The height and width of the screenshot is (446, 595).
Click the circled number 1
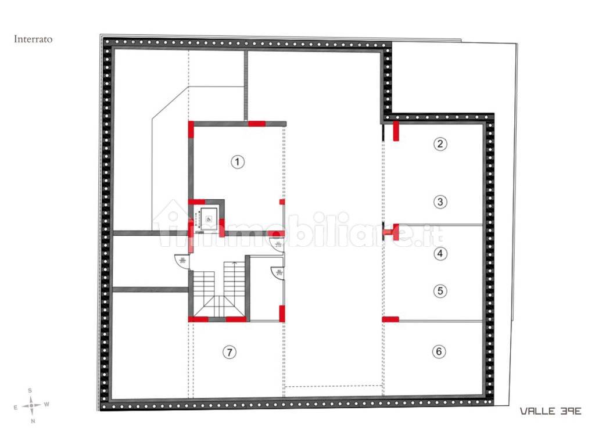click(236, 162)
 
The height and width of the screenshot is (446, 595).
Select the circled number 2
click(441, 145)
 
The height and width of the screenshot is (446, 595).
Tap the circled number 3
click(441, 202)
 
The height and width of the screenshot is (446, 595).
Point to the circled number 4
click(441, 253)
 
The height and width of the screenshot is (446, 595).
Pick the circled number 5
click(441, 291)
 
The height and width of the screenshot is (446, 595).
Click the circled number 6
click(439, 351)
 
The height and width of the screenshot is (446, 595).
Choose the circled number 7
click(230, 351)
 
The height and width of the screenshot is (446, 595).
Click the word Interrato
click(33, 39)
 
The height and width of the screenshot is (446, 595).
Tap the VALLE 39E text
click(550, 411)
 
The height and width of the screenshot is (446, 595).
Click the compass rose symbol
click(31, 405)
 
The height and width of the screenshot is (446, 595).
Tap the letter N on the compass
click(32, 420)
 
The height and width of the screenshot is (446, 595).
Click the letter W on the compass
click(47, 405)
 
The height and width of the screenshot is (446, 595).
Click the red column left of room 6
click(390, 319)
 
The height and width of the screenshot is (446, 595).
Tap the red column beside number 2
click(396, 131)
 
